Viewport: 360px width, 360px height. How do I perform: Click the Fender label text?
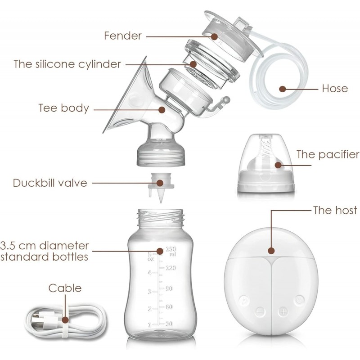point(123,36)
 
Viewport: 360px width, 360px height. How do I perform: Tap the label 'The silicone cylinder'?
point(67,64)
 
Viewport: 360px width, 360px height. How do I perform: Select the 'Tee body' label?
point(63,108)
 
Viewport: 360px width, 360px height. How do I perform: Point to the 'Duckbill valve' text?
point(50,183)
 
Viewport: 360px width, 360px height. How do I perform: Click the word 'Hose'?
point(335,89)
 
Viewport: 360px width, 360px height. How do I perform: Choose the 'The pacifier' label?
point(328,154)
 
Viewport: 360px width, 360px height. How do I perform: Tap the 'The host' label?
point(335,210)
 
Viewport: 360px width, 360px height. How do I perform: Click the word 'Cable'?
point(65,288)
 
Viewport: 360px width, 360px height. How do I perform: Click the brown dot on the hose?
point(283,89)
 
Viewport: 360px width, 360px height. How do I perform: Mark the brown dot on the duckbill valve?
point(160,183)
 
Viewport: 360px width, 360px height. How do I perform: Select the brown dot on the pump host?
point(271,251)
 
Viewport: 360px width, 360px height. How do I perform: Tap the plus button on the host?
point(283,312)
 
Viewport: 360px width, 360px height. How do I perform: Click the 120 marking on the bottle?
point(171,268)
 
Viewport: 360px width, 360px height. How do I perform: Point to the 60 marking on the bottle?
point(169,307)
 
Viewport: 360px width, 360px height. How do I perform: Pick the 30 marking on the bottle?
point(169,324)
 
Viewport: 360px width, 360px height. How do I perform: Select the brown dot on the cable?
point(65,319)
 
